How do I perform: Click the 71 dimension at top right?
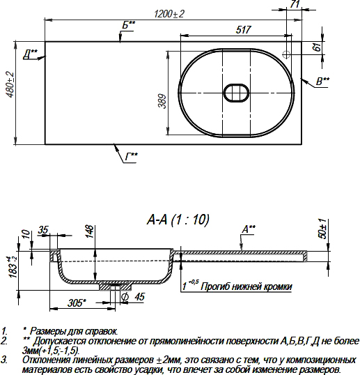(x=294, y=6)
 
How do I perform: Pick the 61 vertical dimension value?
(x=317, y=47)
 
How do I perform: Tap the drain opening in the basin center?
(x=237, y=93)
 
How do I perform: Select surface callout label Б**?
(x=128, y=26)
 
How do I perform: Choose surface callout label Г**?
(x=132, y=155)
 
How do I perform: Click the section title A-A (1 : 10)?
(x=178, y=220)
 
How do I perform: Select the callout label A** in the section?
(x=249, y=228)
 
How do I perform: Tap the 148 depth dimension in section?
(x=89, y=231)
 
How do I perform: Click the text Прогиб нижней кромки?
(x=246, y=286)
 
